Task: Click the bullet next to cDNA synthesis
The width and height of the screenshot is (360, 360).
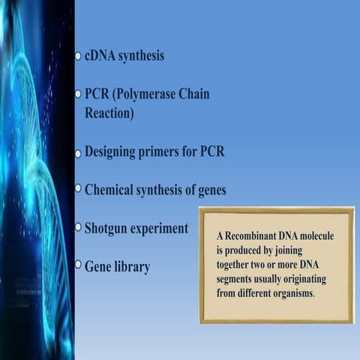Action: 78,56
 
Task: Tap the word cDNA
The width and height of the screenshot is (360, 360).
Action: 103,56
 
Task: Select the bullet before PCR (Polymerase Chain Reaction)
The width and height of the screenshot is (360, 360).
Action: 78,95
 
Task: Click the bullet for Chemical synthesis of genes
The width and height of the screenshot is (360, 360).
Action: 78,190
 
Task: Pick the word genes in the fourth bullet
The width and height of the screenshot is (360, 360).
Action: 208,190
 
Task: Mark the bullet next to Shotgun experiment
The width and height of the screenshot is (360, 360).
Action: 78,227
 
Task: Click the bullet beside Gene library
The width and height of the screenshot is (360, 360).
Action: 78,265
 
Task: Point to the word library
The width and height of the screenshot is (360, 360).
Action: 132,266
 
